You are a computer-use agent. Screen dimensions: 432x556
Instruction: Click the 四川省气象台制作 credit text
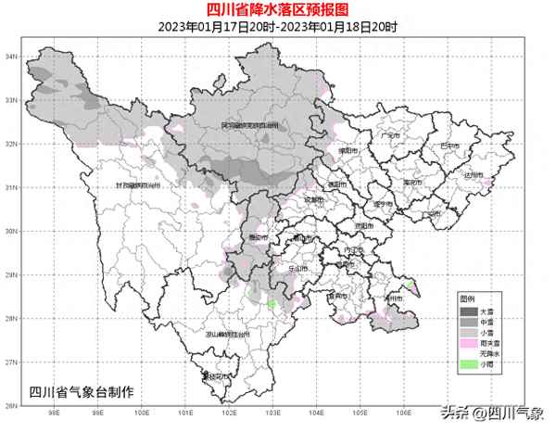[82, 390]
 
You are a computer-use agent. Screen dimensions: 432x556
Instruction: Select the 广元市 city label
[390, 135]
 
